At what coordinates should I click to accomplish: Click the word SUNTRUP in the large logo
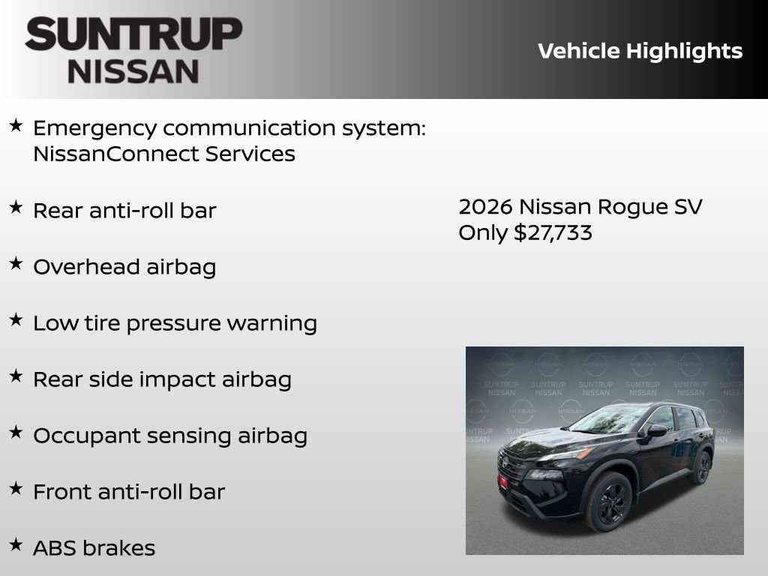(133, 35)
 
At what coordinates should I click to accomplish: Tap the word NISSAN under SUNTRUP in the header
(133, 70)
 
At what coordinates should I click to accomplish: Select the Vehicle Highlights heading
(640, 51)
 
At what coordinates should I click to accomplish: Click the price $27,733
(553, 232)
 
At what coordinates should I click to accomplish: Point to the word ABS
(54, 548)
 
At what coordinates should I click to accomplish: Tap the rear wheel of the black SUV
(702, 468)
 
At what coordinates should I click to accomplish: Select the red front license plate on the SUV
(504, 482)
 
